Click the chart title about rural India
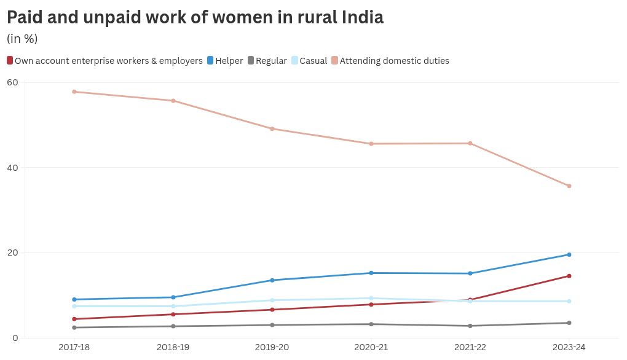(x=195, y=17)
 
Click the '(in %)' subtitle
(x=22, y=39)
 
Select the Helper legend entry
(x=225, y=61)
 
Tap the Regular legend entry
(x=267, y=61)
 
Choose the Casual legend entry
(x=309, y=61)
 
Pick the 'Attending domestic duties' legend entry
(x=390, y=61)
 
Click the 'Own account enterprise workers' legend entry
(x=104, y=61)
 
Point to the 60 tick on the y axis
(x=12, y=82)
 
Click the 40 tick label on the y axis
(x=12, y=168)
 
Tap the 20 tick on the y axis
(x=12, y=252)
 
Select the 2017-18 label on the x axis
(x=74, y=347)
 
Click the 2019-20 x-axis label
(x=272, y=347)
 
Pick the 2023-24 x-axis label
(x=569, y=347)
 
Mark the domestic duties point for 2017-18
(x=74, y=92)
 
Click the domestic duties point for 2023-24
(x=569, y=186)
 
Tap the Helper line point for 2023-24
(x=569, y=254)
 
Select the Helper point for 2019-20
(x=272, y=280)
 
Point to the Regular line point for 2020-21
(x=371, y=324)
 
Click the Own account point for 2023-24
(x=569, y=276)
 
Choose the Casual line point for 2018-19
(x=173, y=306)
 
